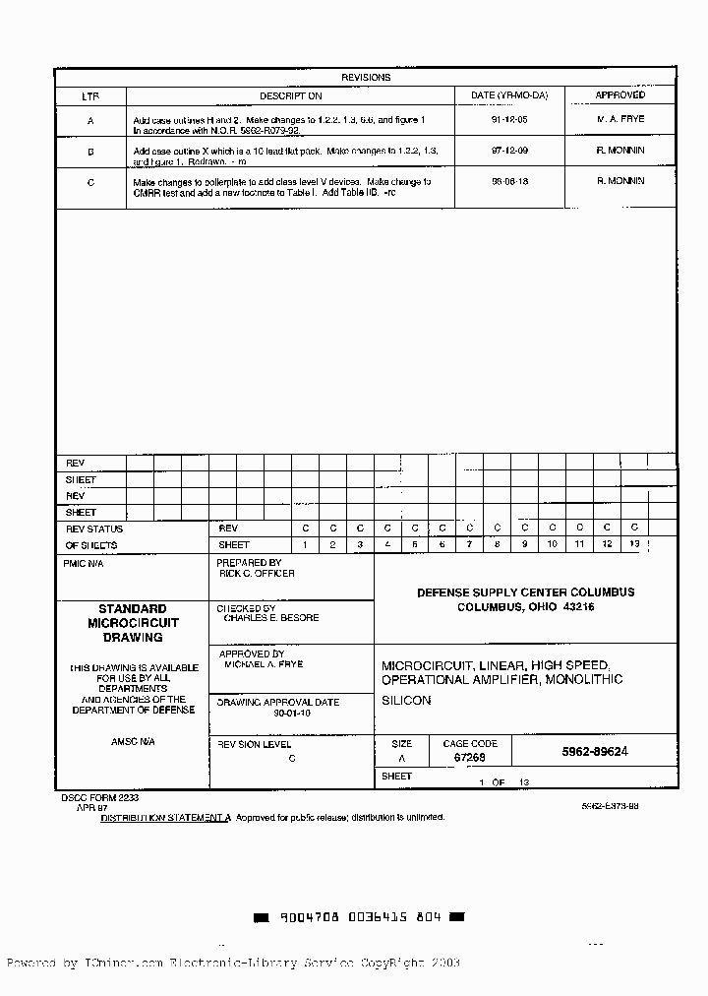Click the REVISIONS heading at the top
tap(366, 77)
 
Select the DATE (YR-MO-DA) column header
tap(509, 95)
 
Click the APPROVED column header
tap(620, 95)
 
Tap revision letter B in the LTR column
tap(90, 153)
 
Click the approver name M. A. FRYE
tap(620, 119)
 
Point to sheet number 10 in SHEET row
tap(552, 544)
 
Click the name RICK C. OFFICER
tap(257, 573)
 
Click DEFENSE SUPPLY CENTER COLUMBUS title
tap(525, 592)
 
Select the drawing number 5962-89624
tap(595, 751)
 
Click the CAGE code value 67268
tap(469, 759)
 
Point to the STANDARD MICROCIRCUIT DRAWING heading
tap(133, 623)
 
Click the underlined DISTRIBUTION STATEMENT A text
tap(165, 817)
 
